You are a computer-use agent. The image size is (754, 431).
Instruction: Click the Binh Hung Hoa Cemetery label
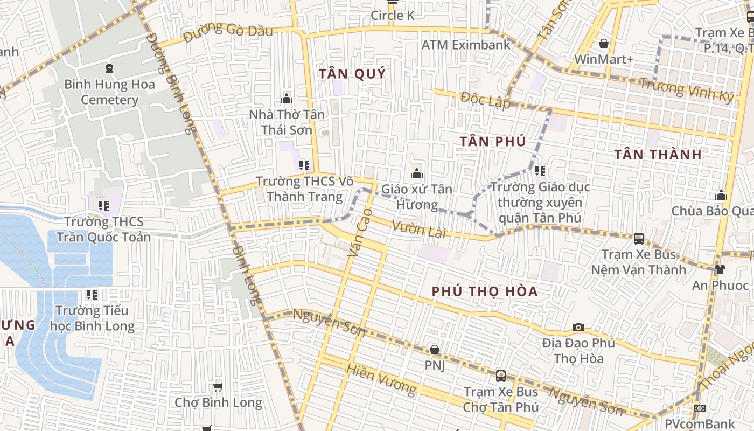pyautogui.click(x=109, y=92)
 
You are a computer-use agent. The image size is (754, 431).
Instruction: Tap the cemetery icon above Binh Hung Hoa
pyautogui.click(x=109, y=68)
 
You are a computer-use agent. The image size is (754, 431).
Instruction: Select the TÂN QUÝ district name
pyautogui.click(x=352, y=74)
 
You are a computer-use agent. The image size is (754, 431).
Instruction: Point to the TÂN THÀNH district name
pyautogui.click(x=658, y=155)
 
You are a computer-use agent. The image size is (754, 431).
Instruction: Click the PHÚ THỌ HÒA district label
pyautogui.click(x=485, y=291)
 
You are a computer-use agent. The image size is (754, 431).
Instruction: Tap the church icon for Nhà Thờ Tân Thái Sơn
pyautogui.click(x=287, y=99)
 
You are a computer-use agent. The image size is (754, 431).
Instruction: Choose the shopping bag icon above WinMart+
pyautogui.click(x=604, y=43)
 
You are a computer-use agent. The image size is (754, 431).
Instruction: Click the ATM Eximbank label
pyautogui.click(x=465, y=45)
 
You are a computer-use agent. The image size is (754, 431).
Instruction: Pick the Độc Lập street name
pyautogui.click(x=485, y=100)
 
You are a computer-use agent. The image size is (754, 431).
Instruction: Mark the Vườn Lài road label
pyautogui.click(x=420, y=230)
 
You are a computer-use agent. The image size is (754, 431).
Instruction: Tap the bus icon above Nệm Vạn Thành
pyautogui.click(x=639, y=238)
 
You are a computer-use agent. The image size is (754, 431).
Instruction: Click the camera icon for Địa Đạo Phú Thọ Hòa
pyautogui.click(x=578, y=327)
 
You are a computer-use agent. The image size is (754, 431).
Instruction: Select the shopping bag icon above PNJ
pyautogui.click(x=435, y=350)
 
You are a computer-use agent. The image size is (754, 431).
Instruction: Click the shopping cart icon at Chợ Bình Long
pyautogui.click(x=218, y=387)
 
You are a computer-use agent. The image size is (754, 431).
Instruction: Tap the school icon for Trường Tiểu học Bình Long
pyautogui.click(x=92, y=295)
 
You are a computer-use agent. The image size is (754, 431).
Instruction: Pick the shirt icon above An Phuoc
pyautogui.click(x=720, y=269)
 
